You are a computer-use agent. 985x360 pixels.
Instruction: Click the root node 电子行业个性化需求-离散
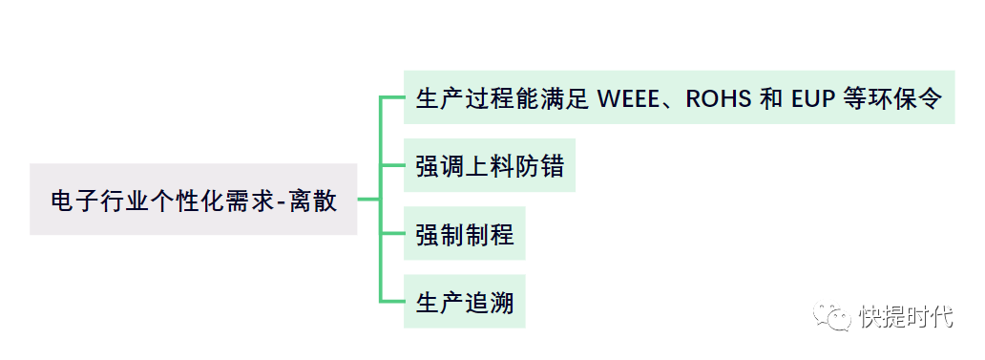[194, 200]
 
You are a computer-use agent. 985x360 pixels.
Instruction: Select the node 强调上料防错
[490, 165]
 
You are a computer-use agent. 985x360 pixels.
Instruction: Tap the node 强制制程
[464, 233]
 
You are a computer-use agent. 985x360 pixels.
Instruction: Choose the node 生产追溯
[464, 301]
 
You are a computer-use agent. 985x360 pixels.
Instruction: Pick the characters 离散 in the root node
[313, 200]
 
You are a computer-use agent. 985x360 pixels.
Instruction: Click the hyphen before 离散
[282, 201]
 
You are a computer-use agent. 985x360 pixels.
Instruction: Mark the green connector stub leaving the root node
[368, 200]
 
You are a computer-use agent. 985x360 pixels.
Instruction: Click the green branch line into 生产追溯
[392, 301]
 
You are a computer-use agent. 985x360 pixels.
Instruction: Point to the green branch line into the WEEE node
[392, 97]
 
